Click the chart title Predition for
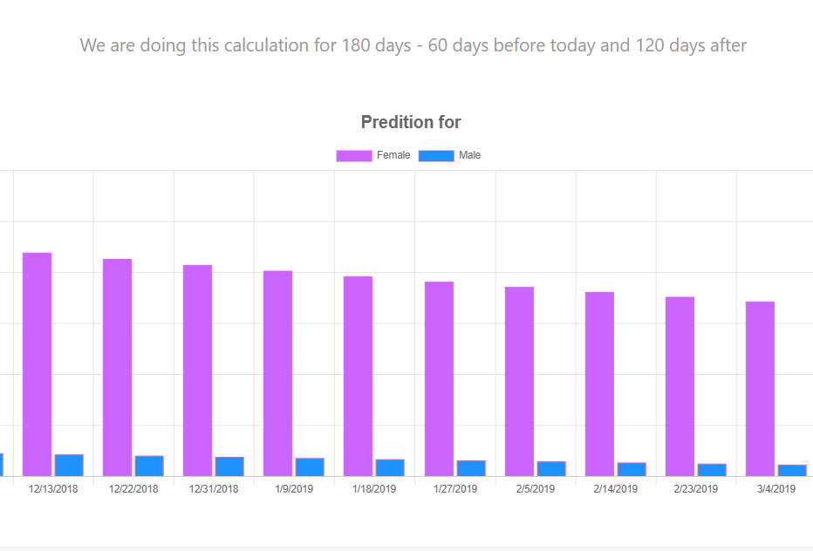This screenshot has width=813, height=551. click(411, 122)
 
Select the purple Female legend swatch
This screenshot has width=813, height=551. click(353, 155)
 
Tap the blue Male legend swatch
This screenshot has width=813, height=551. click(436, 155)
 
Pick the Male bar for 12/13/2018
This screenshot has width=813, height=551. click(69, 466)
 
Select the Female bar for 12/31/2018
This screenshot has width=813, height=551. click(197, 371)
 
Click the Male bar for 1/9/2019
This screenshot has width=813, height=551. click(310, 467)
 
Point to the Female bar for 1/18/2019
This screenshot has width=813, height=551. click(358, 376)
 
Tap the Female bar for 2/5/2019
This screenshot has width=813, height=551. click(519, 381)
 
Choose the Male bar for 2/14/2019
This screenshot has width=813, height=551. click(632, 469)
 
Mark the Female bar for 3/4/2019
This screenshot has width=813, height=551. click(760, 389)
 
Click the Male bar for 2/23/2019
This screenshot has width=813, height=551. click(712, 470)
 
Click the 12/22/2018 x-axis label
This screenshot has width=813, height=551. click(133, 489)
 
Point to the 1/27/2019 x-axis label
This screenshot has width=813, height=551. click(454, 489)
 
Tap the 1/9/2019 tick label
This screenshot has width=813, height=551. click(294, 489)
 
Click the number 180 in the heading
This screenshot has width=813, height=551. click(358, 44)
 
